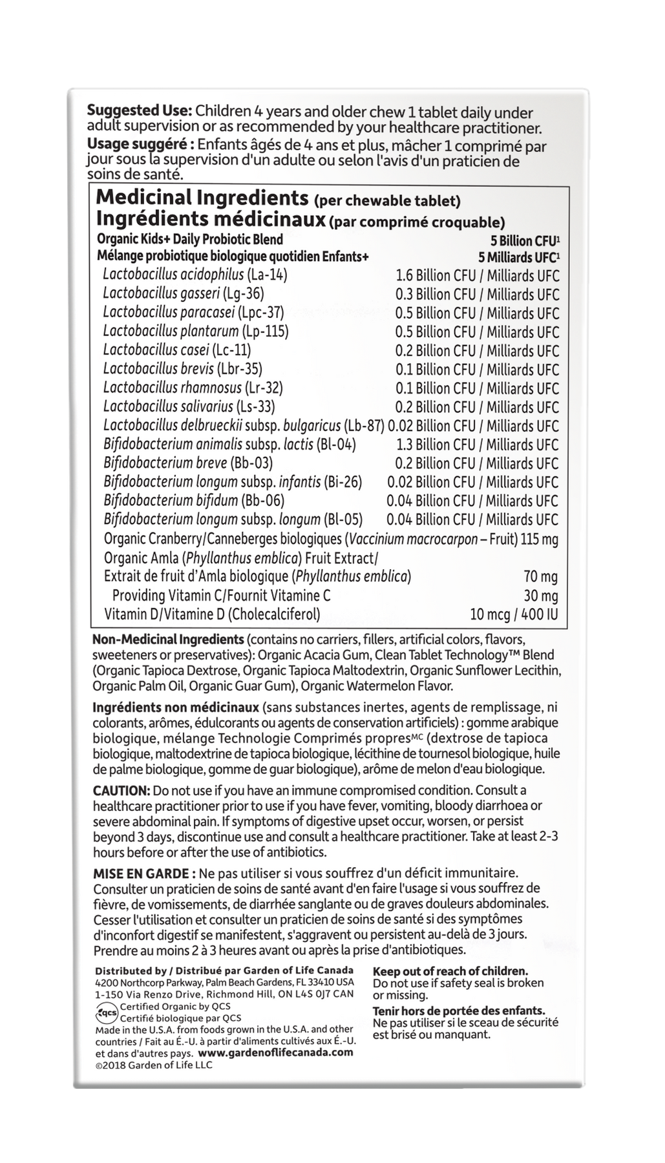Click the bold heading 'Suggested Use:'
139,110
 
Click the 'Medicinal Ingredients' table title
202,198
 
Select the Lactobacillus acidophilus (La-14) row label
195,275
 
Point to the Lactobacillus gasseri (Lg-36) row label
184,293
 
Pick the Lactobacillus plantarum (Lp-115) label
196,331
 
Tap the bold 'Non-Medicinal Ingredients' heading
168,640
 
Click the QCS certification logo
106,1012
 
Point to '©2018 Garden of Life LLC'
153,1065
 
